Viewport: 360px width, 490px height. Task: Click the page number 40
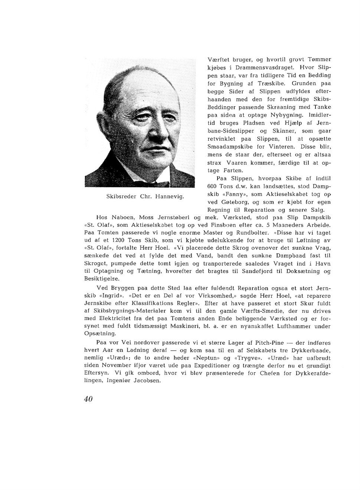click(x=88, y=399)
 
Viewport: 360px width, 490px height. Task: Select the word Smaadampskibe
click(x=228, y=147)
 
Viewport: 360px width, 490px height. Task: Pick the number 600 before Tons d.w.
click(x=212, y=186)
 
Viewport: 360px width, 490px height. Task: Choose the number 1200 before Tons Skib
click(x=118, y=240)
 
